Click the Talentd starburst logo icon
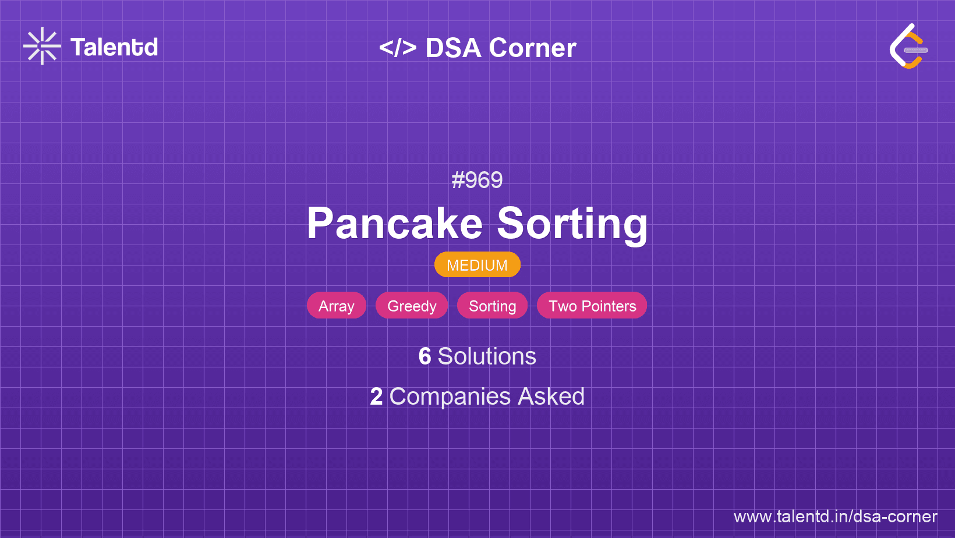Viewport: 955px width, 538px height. pyautogui.click(x=42, y=46)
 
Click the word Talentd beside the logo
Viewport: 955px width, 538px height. pyautogui.click(x=114, y=47)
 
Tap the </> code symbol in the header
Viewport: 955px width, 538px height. pyautogui.click(x=398, y=48)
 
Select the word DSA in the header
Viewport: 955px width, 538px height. pyautogui.click(x=454, y=48)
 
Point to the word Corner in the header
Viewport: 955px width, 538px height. pyautogui.click(x=533, y=48)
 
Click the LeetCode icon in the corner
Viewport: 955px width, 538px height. pyautogui.click(x=908, y=47)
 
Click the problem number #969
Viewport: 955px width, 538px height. pyautogui.click(x=477, y=180)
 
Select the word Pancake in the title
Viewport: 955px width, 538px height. pyautogui.click(x=395, y=224)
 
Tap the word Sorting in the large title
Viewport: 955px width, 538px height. pyautogui.click(x=572, y=224)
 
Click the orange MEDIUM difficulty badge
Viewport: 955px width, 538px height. pyautogui.click(x=477, y=265)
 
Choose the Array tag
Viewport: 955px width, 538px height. pyautogui.click(x=337, y=306)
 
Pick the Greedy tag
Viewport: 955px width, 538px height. pyautogui.click(x=412, y=306)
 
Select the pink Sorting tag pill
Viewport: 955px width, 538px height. pyautogui.click(x=493, y=306)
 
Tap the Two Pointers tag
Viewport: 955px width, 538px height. pyautogui.click(x=592, y=306)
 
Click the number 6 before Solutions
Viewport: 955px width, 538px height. pyautogui.click(x=425, y=356)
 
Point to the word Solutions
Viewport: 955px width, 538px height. pyautogui.click(x=487, y=356)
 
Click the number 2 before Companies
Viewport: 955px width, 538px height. pyautogui.click(x=376, y=397)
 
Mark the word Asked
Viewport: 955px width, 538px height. pyautogui.click(x=551, y=397)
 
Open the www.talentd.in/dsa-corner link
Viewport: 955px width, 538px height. pyautogui.click(x=835, y=516)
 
